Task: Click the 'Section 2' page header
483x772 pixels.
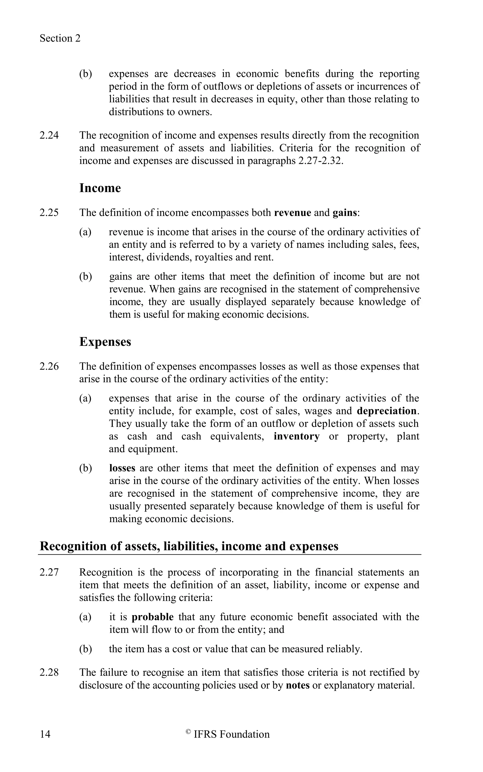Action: point(60,38)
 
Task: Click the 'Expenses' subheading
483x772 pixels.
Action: point(105,341)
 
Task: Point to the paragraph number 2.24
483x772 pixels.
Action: point(49,135)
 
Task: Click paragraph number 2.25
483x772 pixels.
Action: point(49,212)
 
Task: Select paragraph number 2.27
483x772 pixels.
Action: point(49,572)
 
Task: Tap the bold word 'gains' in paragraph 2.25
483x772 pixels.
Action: point(344,212)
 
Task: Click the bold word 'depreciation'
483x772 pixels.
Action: point(387,411)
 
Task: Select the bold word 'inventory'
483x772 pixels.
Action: point(296,436)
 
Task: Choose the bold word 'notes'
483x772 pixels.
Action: point(298,685)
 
